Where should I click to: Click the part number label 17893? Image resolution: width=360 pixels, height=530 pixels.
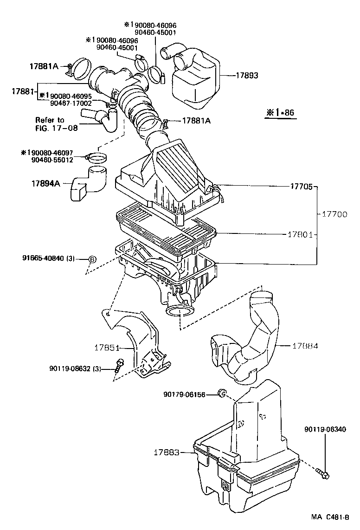247,75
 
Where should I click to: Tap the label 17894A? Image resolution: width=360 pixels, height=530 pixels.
46,183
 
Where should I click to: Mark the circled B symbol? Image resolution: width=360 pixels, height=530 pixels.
92,259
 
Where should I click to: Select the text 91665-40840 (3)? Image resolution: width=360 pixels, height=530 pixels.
48,259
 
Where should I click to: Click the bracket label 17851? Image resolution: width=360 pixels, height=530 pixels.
108,347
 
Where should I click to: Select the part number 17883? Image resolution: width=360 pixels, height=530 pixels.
166,452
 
